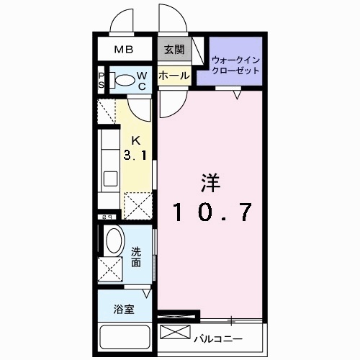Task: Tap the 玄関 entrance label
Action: click(173, 50)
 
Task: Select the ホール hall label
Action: click(173, 76)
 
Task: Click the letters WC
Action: click(142, 81)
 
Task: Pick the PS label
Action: click(102, 81)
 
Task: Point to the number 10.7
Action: click(210, 213)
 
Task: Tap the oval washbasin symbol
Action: click(113, 240)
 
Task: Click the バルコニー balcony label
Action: click(217, 337)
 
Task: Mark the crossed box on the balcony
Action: click(174, 334)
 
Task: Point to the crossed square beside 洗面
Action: click(112, 271)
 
